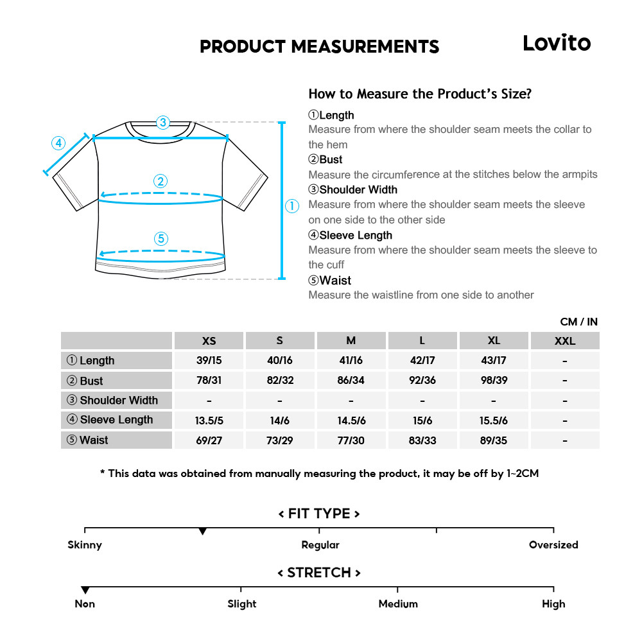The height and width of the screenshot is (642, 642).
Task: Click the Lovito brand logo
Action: coord(556,43)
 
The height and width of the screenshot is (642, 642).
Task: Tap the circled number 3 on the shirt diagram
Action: coord(163,122)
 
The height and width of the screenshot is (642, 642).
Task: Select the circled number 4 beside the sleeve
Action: coord(58,143)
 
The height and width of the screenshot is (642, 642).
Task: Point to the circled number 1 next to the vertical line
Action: coord(292,206)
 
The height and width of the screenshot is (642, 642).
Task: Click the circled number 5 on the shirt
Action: coord(161,239)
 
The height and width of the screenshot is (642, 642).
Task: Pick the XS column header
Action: coord(209,341)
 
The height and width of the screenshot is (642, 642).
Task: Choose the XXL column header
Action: coord(565,341)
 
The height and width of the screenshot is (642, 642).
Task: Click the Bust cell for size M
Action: coord(351,380)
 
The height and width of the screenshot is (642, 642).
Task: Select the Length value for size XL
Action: coord(494,360)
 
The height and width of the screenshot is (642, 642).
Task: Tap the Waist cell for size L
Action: coord(422,440)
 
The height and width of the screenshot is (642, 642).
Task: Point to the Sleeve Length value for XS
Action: coord(209,420)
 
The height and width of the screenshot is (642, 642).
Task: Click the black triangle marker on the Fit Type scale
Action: coord(203,532)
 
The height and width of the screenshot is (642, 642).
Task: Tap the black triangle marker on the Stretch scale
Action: coord(85,590)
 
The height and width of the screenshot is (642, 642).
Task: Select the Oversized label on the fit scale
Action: coord(553,545)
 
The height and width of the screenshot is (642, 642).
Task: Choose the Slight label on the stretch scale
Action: coord(242,604)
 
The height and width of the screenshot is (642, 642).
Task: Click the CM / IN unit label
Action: coord(578,322)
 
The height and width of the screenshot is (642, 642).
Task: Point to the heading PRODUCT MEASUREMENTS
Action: coord(320,47)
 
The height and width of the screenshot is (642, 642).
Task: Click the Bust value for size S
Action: coord(280,380)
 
